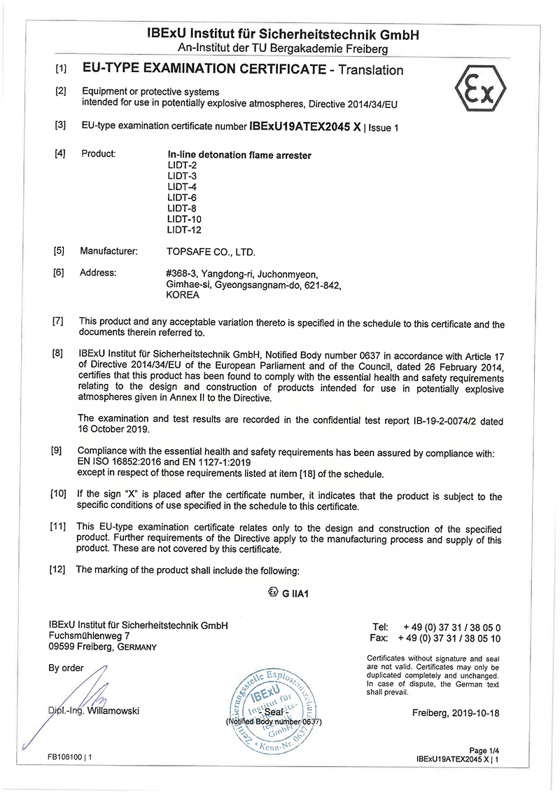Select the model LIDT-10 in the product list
184,219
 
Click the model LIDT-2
181,165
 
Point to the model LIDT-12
184,230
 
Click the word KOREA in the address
183,295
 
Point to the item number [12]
57,569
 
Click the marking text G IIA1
295,593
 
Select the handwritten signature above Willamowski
84,694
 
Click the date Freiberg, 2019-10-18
456,713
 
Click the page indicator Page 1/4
483,751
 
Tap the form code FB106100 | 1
70,757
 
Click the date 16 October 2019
113,429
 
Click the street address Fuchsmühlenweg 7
90,636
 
